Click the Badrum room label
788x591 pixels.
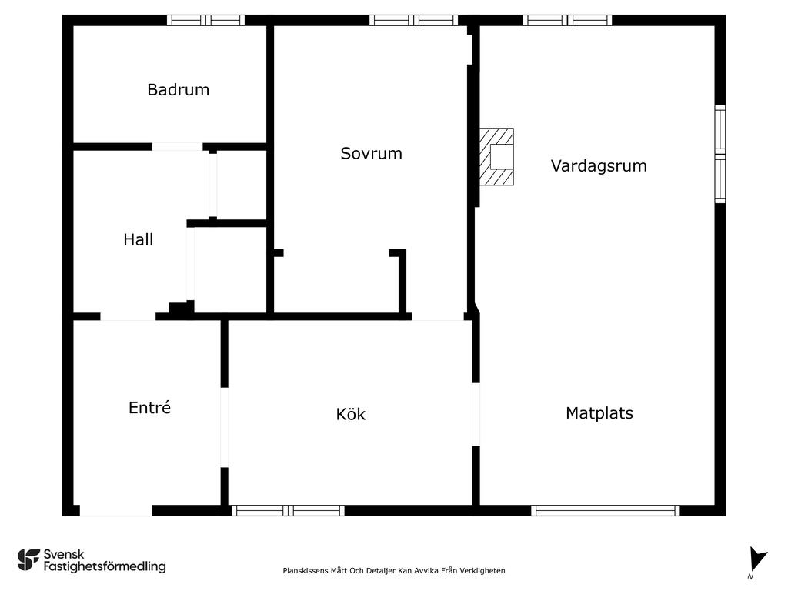point(178,90)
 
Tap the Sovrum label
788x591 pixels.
point(372,153)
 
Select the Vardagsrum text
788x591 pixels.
point(599,166)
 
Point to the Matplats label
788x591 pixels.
point(599,413)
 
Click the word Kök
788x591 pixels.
point(351,414)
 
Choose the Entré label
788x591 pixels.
point(150,407)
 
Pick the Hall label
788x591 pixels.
point(139,240)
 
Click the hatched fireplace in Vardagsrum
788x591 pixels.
point(496,157)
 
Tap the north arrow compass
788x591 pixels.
point(757,560)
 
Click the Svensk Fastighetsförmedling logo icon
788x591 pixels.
point(28,560)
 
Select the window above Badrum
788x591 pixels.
point(206,20)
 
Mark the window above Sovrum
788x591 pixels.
point(414,20)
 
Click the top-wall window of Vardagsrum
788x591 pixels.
point(567,20)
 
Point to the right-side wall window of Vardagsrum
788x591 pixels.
point(720,154)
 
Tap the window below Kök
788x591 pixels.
point(288,511)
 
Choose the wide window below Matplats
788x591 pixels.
point(606,511)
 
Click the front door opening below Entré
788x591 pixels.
point(115,511)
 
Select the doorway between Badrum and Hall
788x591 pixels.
point(178,147)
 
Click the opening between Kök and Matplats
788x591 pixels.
point(476,415)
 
